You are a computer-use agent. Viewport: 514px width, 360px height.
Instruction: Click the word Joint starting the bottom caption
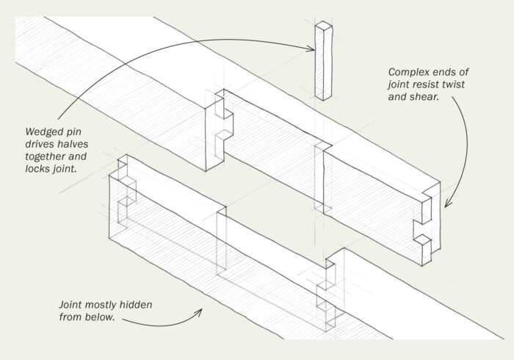(71, 303)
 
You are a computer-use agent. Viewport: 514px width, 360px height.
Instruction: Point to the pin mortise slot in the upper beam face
(320, 176)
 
